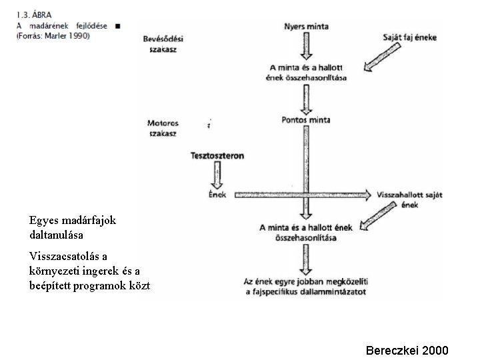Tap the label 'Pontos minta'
pos(306,121)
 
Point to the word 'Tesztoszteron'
pos(217,156)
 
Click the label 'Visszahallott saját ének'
pos(409,199)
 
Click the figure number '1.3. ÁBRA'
pos(35,14)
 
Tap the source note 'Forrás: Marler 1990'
pos(53,35)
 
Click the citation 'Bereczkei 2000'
pos(407,350)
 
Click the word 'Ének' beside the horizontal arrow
pos(217,194)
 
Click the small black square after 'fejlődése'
pos(118,25)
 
